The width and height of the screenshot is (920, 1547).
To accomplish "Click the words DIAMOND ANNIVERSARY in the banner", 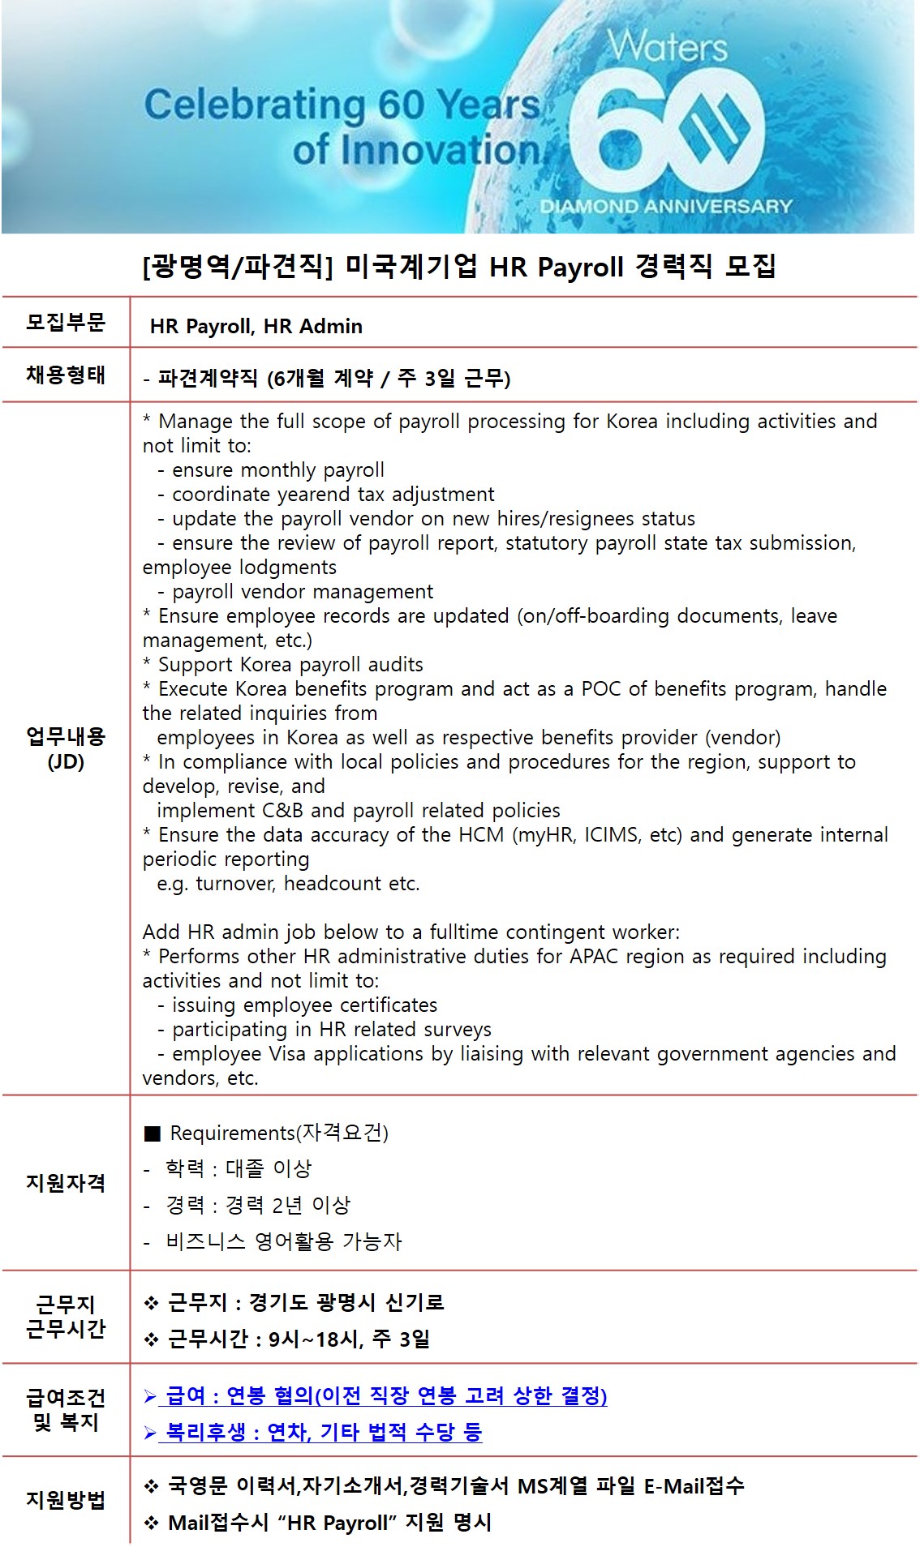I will click(666, 206).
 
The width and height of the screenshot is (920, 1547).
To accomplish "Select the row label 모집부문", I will click(66, 322).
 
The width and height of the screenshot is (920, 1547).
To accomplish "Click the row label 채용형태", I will click(66, 375).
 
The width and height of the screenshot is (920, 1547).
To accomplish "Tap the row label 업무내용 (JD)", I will click(66, 748).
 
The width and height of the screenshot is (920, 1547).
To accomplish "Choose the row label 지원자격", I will click(66, 1183).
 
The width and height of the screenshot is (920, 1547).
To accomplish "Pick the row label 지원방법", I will click(66, 1500).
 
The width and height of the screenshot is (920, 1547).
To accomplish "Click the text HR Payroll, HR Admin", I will click(256, 326).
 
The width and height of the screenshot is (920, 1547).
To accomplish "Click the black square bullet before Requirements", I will click(152, 1133).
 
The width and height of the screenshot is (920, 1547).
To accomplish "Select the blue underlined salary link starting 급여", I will click(385, 1395).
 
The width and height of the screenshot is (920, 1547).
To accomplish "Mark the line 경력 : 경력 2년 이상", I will click(257, 1205).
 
